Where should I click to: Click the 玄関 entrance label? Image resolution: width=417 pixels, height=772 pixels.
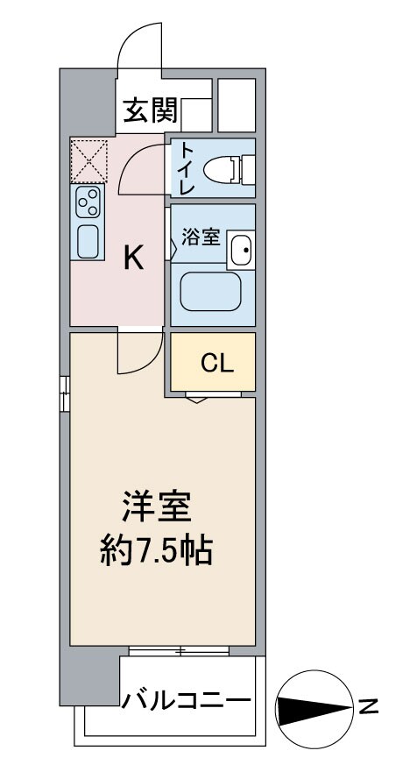coord(151,110)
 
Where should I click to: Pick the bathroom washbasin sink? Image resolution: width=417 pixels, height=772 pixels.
coord(240,251)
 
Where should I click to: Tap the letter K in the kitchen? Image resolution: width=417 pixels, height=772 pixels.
coord(133,257)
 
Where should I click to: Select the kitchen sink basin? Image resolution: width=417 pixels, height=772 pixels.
coord(88,240)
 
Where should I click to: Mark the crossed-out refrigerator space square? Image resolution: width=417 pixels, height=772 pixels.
coord(88,159)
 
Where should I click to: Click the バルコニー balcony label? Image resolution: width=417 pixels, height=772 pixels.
coord(186,701)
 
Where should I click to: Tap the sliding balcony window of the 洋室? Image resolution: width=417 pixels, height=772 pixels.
coord(179,651)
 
